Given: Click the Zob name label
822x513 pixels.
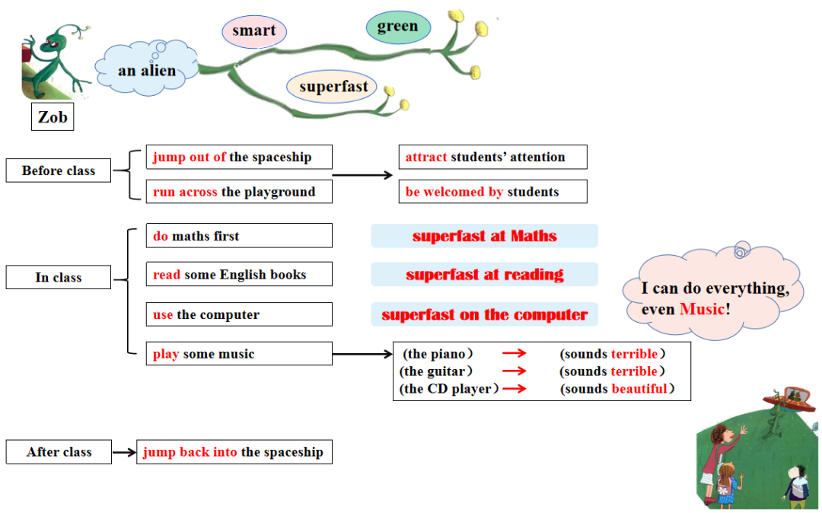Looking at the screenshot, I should pyautogui.click(x=53, y=117).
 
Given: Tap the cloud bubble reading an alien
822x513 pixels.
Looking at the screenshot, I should pyautogui.click(x=146, y=71).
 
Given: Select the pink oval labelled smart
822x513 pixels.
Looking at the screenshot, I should pyautogui.click(x=254, y=31).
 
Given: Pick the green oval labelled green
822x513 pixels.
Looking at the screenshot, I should pyautogui.click(x=397, y=27).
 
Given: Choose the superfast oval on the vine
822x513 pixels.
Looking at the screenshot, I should pyautogui.click(x=333, y=87).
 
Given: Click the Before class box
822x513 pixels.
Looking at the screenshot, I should pyautogui.click(x=59, y=170).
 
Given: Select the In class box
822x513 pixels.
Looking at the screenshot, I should pyautogui.click(x=59, y=277).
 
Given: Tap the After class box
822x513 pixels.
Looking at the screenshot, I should pyautogui.click(x=59, y=451).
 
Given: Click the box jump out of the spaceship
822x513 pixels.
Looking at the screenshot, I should pyautogui.click(x=239, y=157).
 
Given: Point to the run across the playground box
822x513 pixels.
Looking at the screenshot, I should pyautogui.click(x=239, y=192).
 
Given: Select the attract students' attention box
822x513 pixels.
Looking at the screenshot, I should pyautogui.click(x=492, y=157).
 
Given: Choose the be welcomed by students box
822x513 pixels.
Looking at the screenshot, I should pyautogui.click(x=492, y=192).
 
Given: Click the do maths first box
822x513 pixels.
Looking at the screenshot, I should pyautogui.click(x=239, y=236).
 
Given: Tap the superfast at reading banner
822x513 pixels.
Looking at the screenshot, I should pyautogui.click(x=485, y=275).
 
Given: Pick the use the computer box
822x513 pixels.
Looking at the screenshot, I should pyautogui.click(x=239, y=314).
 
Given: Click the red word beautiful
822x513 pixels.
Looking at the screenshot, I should pyautogui.click(x=639, y=389).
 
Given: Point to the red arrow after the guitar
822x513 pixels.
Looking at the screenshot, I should pyautogui.click(x=515, y=371).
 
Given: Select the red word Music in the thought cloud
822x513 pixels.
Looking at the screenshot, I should pyautogui.click(x=702, y=309).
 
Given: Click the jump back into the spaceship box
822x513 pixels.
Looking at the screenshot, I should pyautogui.click(x=234, y=452).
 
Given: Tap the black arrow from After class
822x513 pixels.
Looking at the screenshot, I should pyautogui.click(x=124, y=452).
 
